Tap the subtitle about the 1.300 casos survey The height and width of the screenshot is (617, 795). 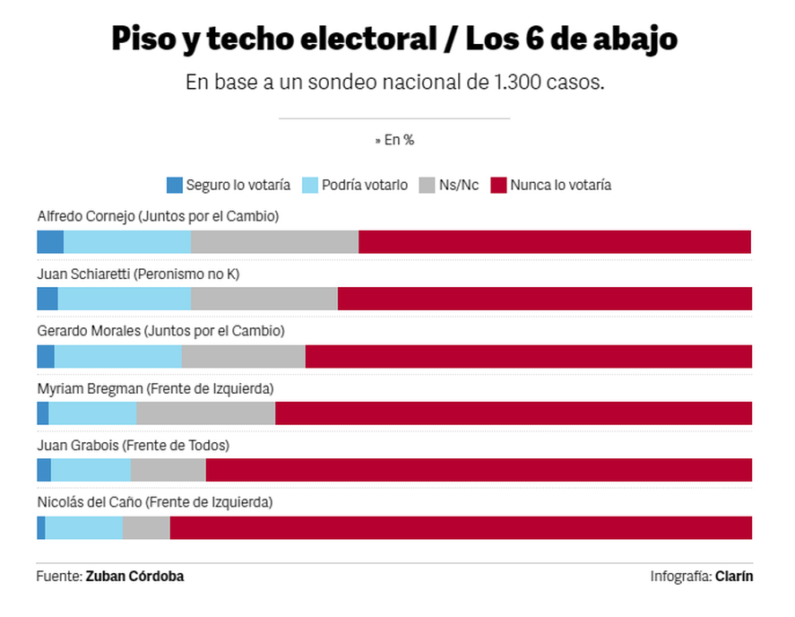pos(394,83)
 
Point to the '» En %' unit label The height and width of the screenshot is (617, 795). pos(394,140)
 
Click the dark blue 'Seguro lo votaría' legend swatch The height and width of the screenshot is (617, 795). pos(175,186)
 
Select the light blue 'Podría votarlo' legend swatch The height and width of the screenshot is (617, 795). pos(309,186)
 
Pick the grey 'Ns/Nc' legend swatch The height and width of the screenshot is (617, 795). pos(426,186)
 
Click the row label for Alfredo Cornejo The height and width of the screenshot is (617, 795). pos(158,216)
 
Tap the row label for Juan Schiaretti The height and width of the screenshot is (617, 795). pos(138,274)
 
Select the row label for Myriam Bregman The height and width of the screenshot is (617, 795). pos(155,388)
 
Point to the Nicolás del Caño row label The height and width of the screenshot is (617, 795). pos(154,502)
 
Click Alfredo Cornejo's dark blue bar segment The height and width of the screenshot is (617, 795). pos(50,242)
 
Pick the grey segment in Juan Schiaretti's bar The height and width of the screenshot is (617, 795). pos(264,300)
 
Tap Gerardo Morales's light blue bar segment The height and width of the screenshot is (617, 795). pos(117,356)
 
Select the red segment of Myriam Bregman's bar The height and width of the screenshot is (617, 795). pos(513,413)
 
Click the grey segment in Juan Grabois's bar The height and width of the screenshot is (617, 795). pos(169,471)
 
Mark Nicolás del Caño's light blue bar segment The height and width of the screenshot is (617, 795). pos(84,528)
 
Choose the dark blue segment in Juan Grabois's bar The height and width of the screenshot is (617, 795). pos(44,471)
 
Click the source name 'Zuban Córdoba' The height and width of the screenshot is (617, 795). pos(134,577)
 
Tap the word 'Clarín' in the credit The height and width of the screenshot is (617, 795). pos(734,577)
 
